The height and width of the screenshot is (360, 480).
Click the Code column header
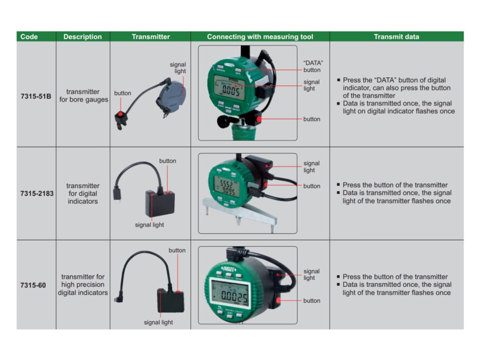29,37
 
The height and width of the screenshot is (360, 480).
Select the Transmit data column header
396,37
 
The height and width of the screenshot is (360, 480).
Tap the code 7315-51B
36,97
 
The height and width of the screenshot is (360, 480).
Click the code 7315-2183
36,193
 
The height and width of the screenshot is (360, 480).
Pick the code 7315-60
33,285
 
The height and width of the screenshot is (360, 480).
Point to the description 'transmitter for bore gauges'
83,96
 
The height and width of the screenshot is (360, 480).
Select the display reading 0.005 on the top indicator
232,90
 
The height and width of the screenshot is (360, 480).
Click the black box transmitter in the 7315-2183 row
160,202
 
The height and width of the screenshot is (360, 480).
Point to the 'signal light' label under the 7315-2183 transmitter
150,225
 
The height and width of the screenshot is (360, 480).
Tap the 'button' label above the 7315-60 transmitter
177,250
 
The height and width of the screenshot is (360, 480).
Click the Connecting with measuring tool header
260,37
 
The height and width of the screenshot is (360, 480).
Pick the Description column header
82,37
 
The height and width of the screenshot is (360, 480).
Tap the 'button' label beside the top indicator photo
312,119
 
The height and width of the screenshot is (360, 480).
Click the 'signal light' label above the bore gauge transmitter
178,68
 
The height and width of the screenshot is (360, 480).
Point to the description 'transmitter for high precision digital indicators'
83,285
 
